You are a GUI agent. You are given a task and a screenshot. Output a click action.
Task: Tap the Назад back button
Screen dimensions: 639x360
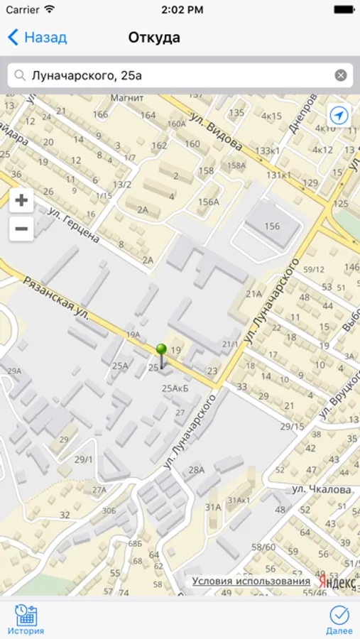click(x=37, y=38)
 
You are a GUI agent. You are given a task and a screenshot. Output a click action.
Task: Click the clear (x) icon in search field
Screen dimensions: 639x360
click(x=341, y=75)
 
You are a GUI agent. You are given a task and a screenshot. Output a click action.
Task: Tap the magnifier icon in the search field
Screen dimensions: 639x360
click(x=20, y=75)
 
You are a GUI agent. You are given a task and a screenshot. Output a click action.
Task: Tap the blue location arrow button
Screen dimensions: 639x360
click(x=339, y=116)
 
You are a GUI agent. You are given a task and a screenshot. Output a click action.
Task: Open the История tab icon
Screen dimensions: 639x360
click(x=26, y=618)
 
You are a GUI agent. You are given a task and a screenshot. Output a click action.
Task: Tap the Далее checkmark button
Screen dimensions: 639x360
click(x=339, y=618)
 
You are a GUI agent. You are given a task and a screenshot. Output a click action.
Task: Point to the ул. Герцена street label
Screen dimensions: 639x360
click(x=74, y=225)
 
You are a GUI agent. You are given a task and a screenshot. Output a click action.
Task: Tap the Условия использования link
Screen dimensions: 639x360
click(x=251, y=581)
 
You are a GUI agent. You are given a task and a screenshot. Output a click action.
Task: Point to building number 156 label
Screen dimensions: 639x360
click(x=272, y=226)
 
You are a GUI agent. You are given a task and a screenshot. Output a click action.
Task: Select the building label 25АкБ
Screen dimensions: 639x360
click(x=175, y=388)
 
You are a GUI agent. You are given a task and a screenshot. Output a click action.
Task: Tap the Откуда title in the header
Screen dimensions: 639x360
click(x=154, y=38)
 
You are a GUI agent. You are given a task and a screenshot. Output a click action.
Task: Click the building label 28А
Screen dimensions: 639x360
click(x=196, y=470)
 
